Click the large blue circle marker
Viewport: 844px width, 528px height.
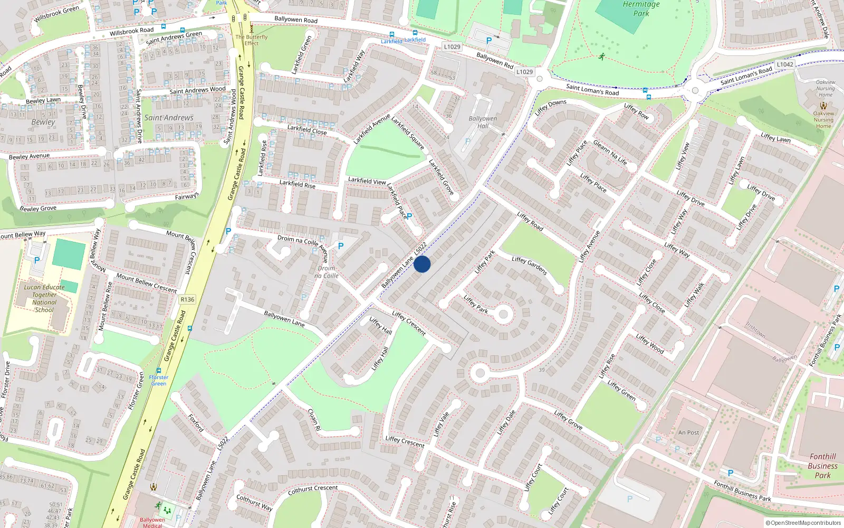point(422,264)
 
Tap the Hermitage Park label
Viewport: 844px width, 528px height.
point(641,9)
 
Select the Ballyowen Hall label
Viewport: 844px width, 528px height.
point(483,122)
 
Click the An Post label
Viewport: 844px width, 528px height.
point(688,432)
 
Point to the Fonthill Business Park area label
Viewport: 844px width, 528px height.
point(822,466)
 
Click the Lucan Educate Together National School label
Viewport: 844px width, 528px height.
point(44,299)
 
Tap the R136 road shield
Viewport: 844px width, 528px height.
point(187,299)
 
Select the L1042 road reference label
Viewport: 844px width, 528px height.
point(784,64)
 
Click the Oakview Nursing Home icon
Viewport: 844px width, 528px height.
point(823,106)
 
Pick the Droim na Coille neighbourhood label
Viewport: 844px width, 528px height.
point(326,272)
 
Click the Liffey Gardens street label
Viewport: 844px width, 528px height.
point(529,266)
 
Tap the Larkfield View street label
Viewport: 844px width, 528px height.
point(367,181)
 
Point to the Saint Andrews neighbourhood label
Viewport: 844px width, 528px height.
point(169,118)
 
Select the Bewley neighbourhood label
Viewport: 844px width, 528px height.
point(43,122)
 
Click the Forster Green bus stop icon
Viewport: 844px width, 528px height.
point(159,371)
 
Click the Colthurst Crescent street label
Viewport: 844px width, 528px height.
point(313,490)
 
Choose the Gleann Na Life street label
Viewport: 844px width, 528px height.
point(610,153)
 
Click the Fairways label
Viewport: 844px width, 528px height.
point(187,196)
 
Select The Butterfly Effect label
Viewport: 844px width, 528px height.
point(252,40)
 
